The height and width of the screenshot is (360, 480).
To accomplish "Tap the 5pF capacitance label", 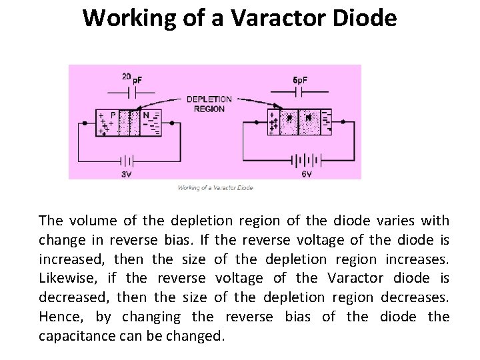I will [300, 81].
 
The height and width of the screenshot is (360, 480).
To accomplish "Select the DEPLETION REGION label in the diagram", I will [209, 104].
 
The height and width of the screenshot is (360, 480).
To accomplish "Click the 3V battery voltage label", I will [127, 174].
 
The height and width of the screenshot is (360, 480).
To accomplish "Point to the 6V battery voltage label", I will [306, 173].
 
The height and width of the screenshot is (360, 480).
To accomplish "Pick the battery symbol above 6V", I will [303, 161].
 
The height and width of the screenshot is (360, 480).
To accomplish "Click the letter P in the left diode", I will [113, 115].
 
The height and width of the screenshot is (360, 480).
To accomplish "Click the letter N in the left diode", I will [145, 115].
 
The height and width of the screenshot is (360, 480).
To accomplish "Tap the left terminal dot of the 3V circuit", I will [85, 123].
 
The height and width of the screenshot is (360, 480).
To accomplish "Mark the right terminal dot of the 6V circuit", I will [344, 123].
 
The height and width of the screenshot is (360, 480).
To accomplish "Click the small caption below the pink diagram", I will [215, 188].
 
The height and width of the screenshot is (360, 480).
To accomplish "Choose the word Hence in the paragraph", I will [59, 317].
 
